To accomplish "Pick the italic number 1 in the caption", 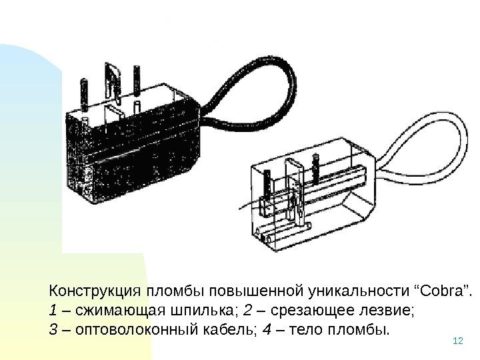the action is pos(53,311).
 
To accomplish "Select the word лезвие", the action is pos(386,311).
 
